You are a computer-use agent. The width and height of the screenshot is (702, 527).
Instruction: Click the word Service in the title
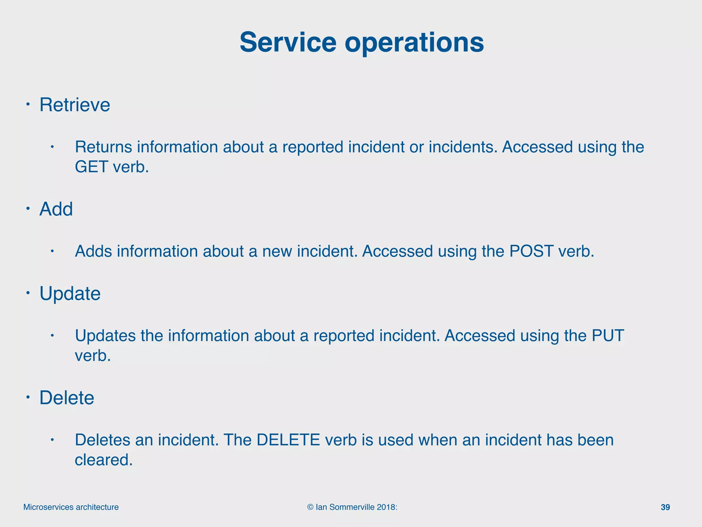288,43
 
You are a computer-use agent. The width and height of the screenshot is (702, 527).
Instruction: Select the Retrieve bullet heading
75,105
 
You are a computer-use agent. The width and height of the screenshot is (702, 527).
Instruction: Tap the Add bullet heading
56,209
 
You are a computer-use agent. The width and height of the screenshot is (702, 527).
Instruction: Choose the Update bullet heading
70,293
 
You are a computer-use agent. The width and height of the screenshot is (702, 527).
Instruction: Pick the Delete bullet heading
67,398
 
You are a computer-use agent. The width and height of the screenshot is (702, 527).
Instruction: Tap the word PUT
608,336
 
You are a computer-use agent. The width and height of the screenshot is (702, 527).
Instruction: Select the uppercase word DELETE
288,440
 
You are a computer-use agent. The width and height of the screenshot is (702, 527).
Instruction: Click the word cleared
103,460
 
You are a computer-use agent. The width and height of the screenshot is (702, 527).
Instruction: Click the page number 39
665,507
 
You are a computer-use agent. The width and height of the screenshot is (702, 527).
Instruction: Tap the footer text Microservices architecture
71,507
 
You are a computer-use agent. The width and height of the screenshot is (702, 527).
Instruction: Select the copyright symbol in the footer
310,507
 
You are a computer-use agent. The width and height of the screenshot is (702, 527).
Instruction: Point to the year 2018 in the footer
386,507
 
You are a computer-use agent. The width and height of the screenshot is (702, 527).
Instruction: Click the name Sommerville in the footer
352,507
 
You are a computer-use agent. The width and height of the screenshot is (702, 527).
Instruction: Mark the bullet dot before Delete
28,397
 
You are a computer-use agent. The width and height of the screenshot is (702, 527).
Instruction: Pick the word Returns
104,147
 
